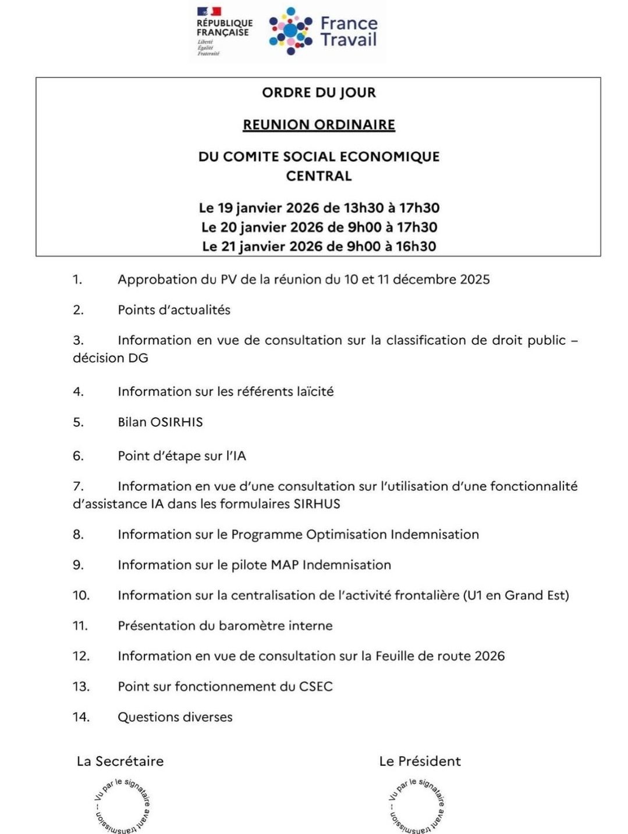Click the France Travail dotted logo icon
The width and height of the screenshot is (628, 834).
[290, 31]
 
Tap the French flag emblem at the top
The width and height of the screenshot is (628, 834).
[209, 11]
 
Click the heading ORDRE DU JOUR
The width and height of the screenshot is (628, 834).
[318, 92]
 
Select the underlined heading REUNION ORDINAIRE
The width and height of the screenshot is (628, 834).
[318, 125]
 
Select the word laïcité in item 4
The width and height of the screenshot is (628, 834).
[314, 391]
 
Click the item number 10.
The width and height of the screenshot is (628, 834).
[81, 596]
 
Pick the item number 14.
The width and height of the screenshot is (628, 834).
[81, 717]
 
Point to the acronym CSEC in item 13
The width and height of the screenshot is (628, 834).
[315, 687]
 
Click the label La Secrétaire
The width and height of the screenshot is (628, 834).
[120, 761]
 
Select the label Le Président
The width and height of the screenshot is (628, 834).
[420, 761]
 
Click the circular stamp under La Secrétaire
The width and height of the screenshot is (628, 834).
[123, 806]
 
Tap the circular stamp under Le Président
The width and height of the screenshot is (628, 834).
[417, 806]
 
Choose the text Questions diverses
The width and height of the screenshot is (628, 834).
[175, 717]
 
